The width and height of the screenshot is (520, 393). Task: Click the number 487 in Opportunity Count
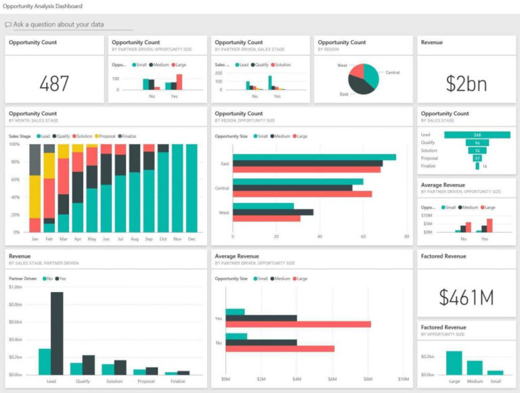click(54, 84)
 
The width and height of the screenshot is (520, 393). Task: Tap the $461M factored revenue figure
click(466, 297)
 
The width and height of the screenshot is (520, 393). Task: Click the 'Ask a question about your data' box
click(59, 24)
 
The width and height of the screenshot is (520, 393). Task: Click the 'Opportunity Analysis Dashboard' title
click(43, 6)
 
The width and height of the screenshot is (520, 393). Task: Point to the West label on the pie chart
click(343, 66)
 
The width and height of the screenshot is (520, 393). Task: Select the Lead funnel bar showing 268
click(477, 135)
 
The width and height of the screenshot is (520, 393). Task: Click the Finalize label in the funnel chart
click(429, 166)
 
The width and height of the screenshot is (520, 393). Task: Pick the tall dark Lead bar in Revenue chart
click(57, 333)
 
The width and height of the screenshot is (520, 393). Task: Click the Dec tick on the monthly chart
click(192, 239)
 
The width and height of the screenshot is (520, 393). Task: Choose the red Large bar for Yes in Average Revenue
click(298, 324)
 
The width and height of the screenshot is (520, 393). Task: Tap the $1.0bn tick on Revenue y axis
click(16, 287)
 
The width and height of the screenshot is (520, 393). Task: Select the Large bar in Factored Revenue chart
click(454, 363)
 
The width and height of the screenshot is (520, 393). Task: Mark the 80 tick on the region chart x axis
click(406, 237)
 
